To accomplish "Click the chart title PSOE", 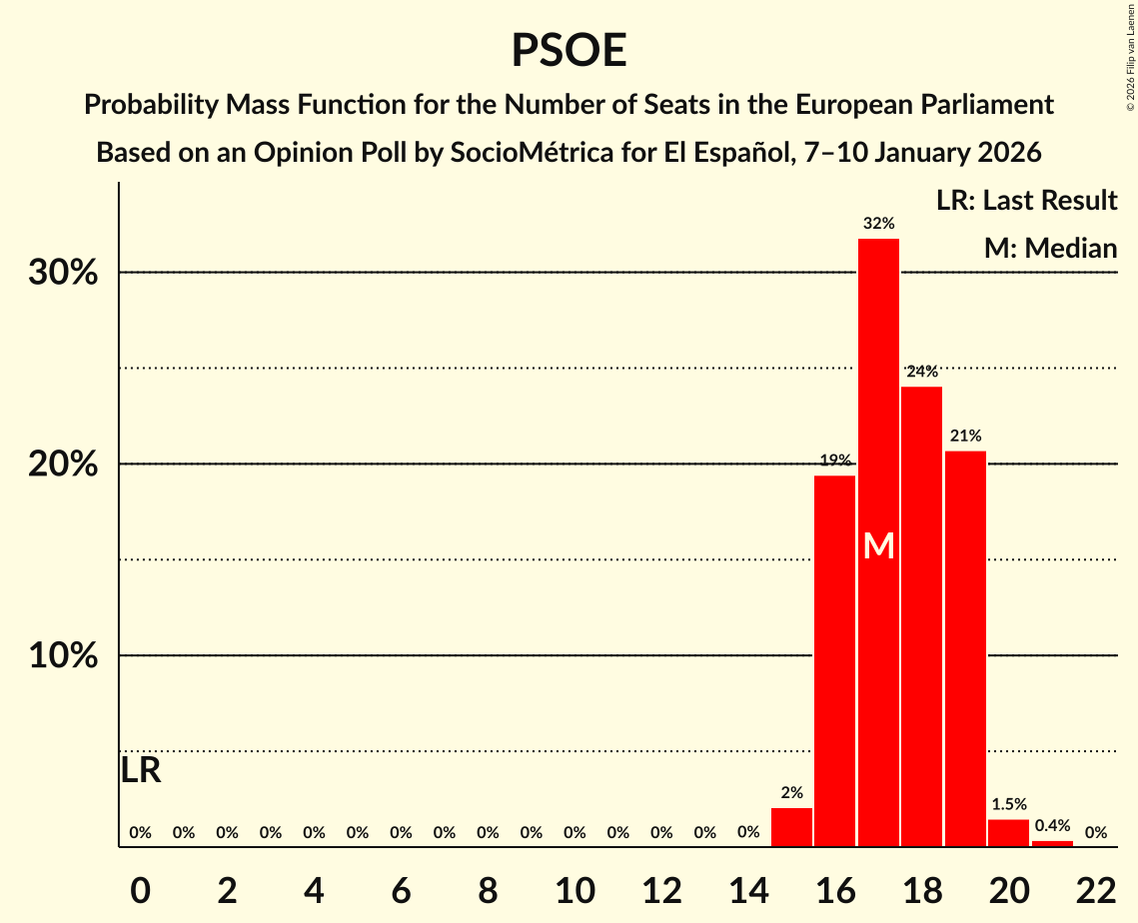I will [x=569, y=50].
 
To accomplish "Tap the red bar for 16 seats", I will [x=834, y=659].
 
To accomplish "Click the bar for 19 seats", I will [x=965, y=649].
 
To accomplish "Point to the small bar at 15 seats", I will [x=791, y=827].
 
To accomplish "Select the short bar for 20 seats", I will [x=1008, y=833].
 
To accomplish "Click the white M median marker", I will [x=878, y=545].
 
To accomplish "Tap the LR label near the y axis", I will [x=141, y=771].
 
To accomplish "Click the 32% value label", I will [x=878, y=223].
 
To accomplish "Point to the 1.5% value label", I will [x=1008, y=803].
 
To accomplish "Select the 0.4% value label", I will [x=1052, y=825].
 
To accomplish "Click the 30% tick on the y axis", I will [x=63, y=273].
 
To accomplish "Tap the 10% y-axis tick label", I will [x=63, y=656].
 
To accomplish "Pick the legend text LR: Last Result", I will [x=1026, y=201].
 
